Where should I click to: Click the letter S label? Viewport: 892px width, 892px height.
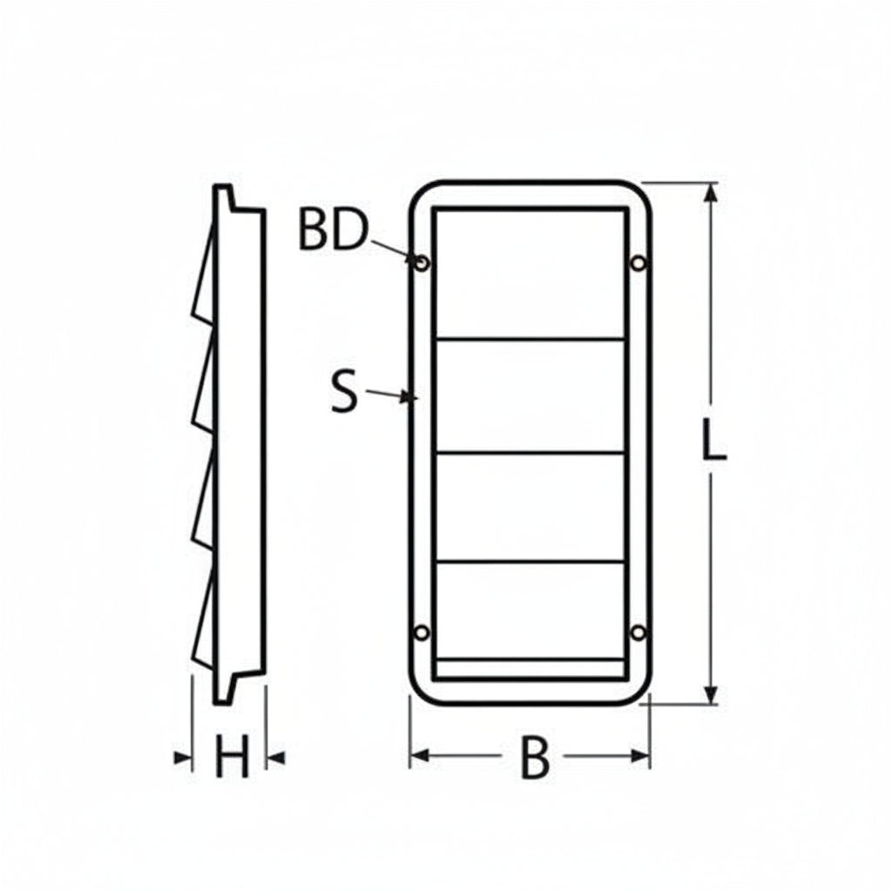(345, 392)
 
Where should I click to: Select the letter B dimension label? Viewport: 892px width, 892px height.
(535, 759)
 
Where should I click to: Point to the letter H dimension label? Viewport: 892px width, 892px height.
(232, 758)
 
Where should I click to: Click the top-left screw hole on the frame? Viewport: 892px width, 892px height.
(422, 262)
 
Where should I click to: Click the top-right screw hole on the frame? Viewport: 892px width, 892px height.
(639, 262)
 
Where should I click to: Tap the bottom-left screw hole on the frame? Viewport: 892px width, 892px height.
(422, 632)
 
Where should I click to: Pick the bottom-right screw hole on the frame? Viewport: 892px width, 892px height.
(639, 632)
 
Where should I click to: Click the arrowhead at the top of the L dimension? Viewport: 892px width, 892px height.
(712, 193)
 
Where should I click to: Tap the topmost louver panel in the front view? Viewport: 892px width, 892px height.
(530, 273)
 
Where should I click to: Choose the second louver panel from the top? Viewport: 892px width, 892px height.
(530, 395)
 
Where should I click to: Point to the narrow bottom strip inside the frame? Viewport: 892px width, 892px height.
(530, 670)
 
